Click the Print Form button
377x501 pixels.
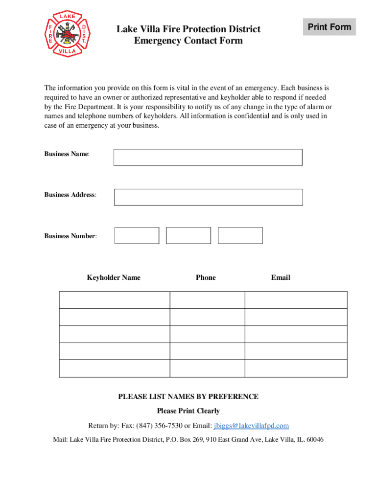click(330, 27)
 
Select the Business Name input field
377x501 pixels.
click(208, 157)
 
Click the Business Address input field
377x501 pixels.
click(208, 197)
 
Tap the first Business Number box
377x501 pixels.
click(137, 235)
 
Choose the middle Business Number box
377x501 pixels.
click(188, 235)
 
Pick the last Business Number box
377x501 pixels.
click(240, 235)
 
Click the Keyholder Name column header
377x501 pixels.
click(114, 277)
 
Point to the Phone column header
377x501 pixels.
click(206, 277)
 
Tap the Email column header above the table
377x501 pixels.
click(281, 277)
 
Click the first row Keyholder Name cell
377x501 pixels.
click(115, 300)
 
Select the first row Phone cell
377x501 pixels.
click(207, 300)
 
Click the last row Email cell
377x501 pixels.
click(296, 368)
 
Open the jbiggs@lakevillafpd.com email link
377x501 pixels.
click(251, 426)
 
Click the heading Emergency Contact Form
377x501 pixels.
click(188, 41)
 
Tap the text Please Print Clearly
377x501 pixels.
click(188, 411)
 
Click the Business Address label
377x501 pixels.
click(70, 195)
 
